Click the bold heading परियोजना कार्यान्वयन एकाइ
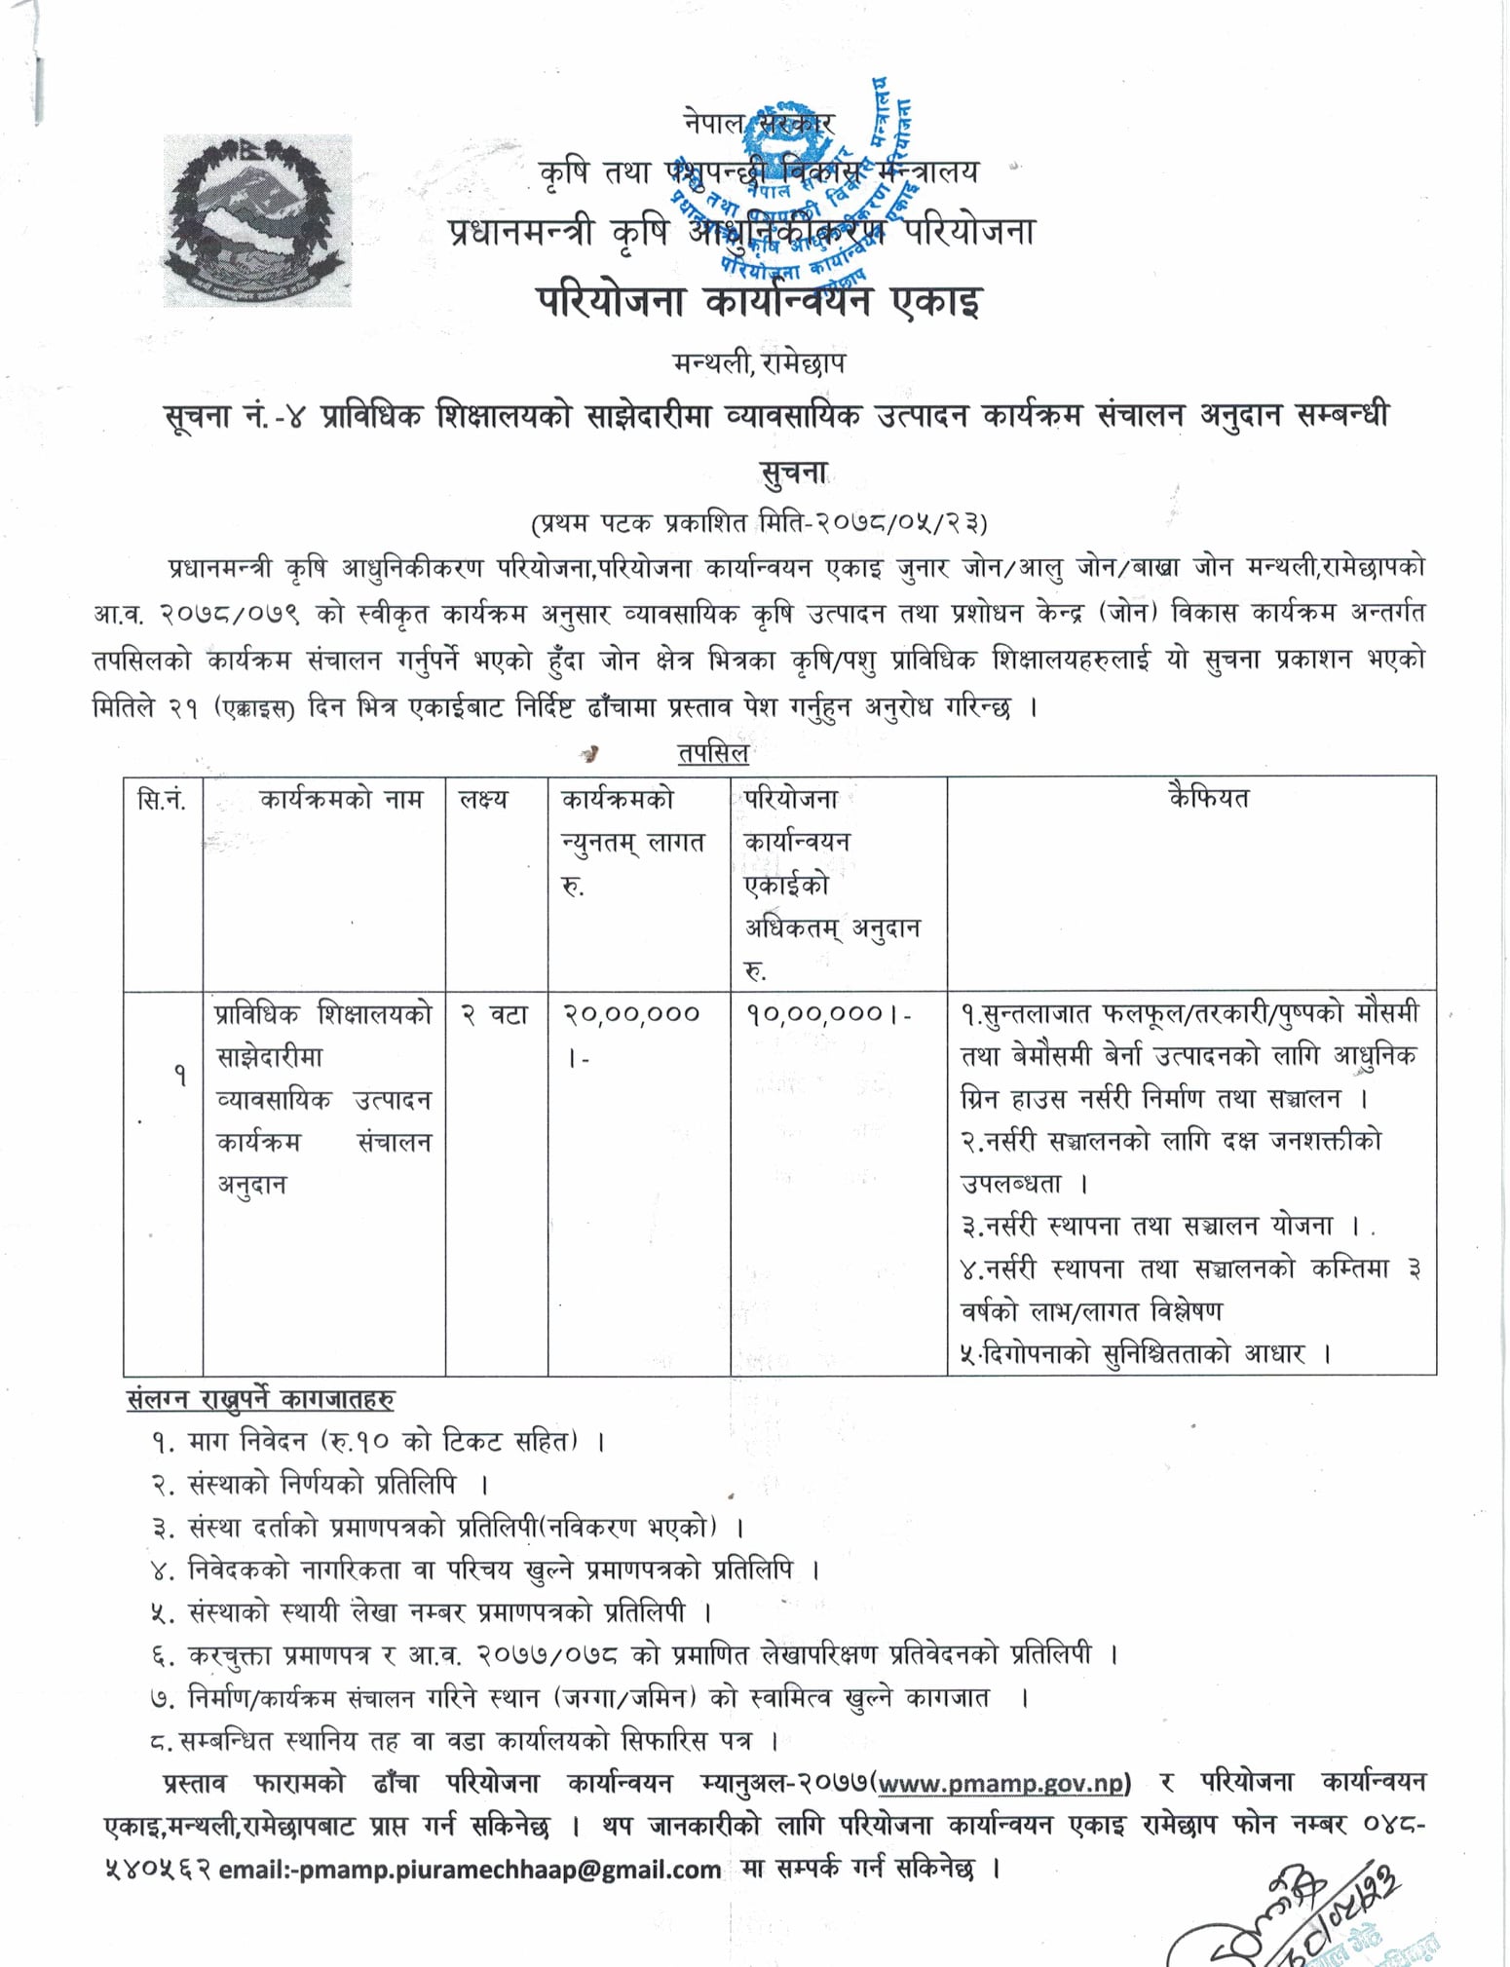[x=759, y=301]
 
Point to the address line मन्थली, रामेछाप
[x=759, y=363]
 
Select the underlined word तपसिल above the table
[x=712, y=752]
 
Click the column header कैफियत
[x=1208, y=799]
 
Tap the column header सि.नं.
[x=162, y=801]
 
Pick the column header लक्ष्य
[x=483, y=801]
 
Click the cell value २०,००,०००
[x=631, y=1014]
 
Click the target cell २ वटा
[x=494, y=1014]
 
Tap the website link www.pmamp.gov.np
[x=1002, y=1782]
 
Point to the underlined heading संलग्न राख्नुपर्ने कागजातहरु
[x=261, y=1400]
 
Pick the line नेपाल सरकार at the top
[x=759, y=125]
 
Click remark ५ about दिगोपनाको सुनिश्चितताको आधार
[x=1146, y=1353]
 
